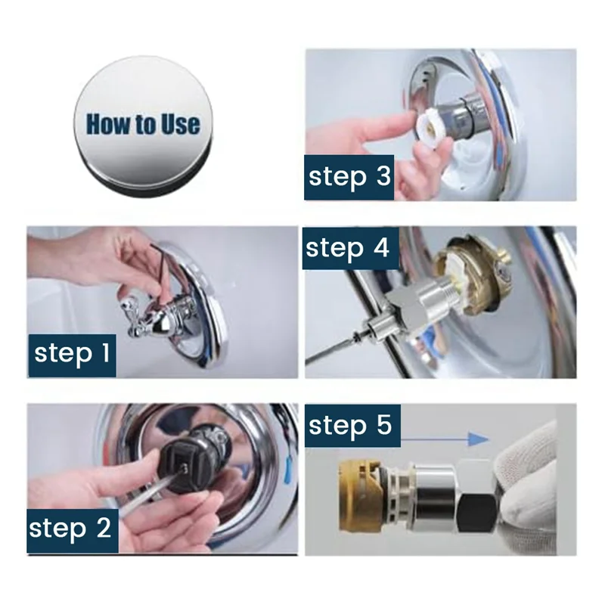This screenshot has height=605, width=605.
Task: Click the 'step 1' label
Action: coord(72,355)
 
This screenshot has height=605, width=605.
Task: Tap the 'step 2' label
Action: coord(72,531)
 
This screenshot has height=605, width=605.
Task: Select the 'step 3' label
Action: coord(349,178)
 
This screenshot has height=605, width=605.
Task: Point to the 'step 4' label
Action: coord(350,248)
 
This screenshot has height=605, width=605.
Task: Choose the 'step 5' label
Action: coord(352,426)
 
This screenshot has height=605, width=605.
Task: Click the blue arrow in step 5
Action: coord(445,439)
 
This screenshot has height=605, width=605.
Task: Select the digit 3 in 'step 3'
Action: coord(383,176)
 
